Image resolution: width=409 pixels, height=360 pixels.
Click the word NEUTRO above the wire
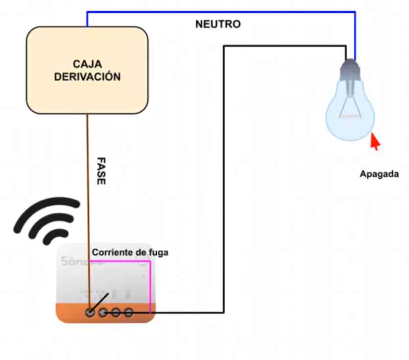218,24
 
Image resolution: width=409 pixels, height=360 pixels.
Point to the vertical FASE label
100,170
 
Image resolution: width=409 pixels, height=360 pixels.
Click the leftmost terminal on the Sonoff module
90,312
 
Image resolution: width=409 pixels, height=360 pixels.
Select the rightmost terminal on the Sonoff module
128,312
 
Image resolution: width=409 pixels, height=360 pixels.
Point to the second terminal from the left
103,312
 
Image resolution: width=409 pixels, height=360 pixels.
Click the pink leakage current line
150,284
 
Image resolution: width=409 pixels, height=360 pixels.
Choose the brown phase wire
89,196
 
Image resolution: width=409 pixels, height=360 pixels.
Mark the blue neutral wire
220,11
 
